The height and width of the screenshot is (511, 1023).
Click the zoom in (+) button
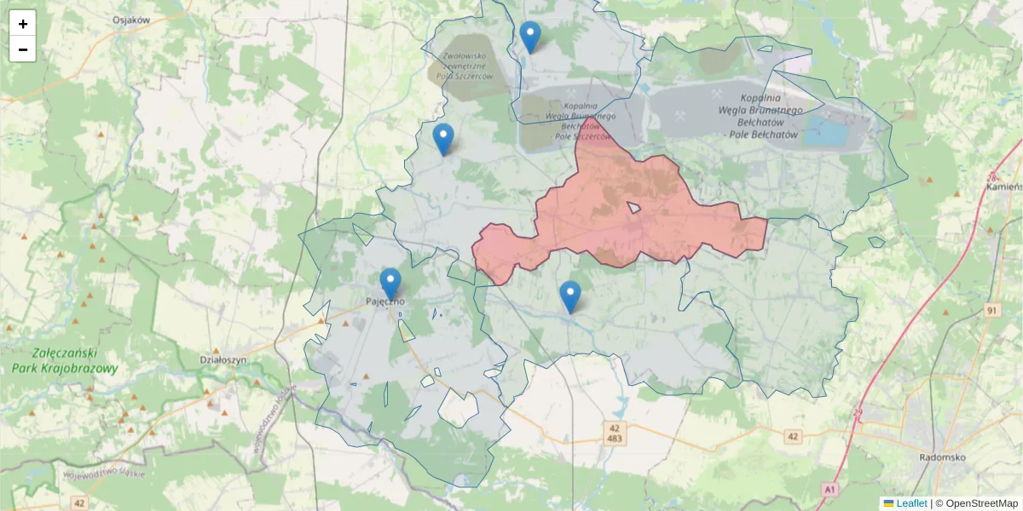pos(23,24)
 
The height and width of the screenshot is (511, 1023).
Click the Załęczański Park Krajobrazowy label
pos(65,361)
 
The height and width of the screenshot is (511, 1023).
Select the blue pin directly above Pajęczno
pos(390,284)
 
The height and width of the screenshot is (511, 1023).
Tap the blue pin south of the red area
pos(570,296)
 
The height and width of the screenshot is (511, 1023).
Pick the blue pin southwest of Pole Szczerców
pos(443,139)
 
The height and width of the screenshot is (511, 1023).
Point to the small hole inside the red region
pos(633,207)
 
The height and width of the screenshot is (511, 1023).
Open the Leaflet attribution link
pos(910,503)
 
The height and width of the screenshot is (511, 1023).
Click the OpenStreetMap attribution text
pos(981,503)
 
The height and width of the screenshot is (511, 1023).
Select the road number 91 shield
pos(991,310)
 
